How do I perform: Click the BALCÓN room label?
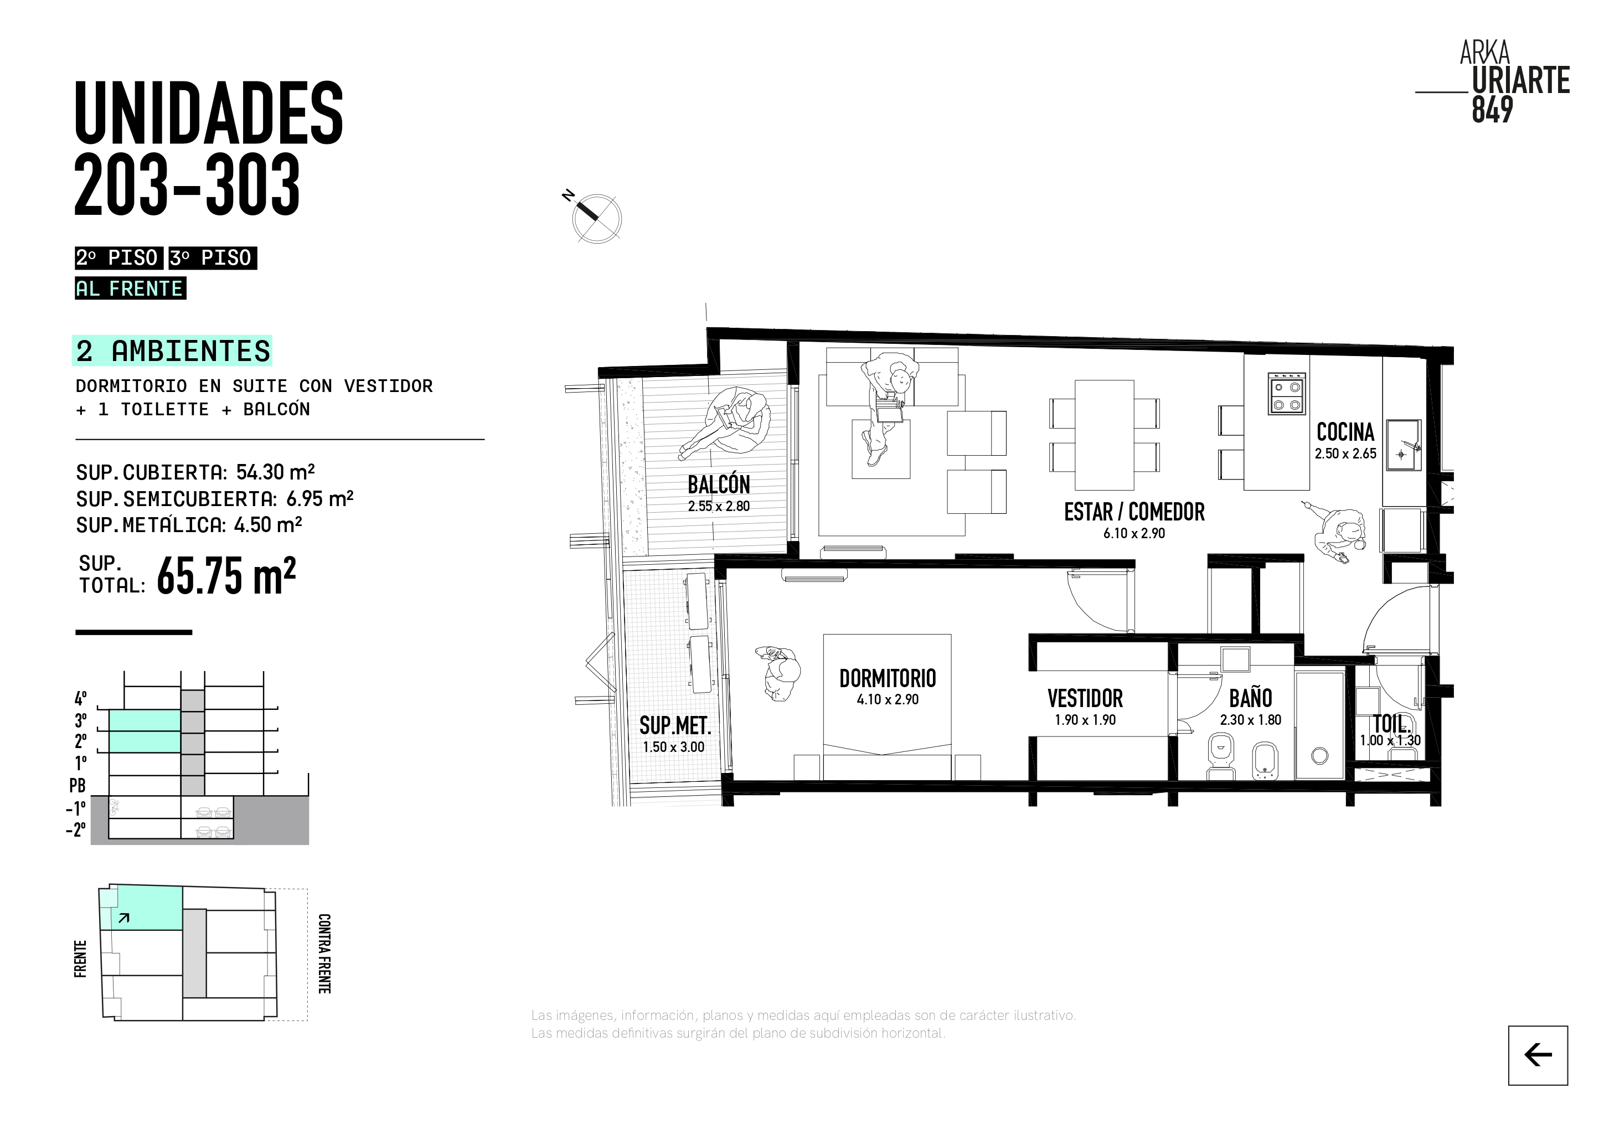[718, 484]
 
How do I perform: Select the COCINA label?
[1345, 432]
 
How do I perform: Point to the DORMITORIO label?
[887, 678]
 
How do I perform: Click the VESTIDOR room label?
[1085, 698]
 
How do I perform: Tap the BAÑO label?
[1251, 698]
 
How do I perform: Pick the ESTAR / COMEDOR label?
[1134, 512]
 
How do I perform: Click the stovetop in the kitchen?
[1287, 393]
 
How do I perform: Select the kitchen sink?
[1403, 445]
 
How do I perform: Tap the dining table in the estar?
[1104, 435]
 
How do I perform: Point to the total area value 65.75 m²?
[226, 576]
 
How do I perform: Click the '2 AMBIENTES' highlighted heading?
[172, 350]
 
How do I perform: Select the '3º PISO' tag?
[213, 258]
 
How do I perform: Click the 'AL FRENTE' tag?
[130, 288]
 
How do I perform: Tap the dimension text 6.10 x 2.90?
[1134, 533]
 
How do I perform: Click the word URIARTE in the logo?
[1521, 81]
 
